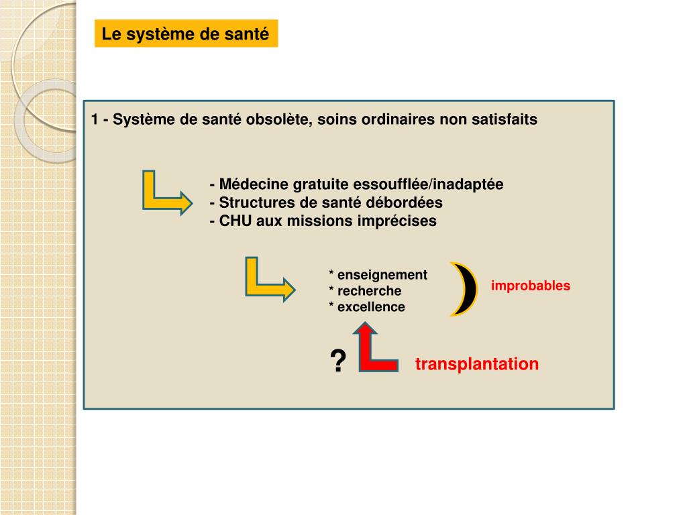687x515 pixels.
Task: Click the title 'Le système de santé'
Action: pos(185,34)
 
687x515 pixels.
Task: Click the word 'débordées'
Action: pos(407,203)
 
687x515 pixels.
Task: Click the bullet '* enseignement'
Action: pos(378,275)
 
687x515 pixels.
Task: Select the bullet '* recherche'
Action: pos(365,291)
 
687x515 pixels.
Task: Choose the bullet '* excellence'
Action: pos(367,307)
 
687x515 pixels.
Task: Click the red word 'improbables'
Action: pos(531,286)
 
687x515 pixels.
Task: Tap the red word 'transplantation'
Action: pos(477,364)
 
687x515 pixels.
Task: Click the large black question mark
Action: pos(338,362)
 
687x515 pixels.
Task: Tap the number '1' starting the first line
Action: pos(95,120)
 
